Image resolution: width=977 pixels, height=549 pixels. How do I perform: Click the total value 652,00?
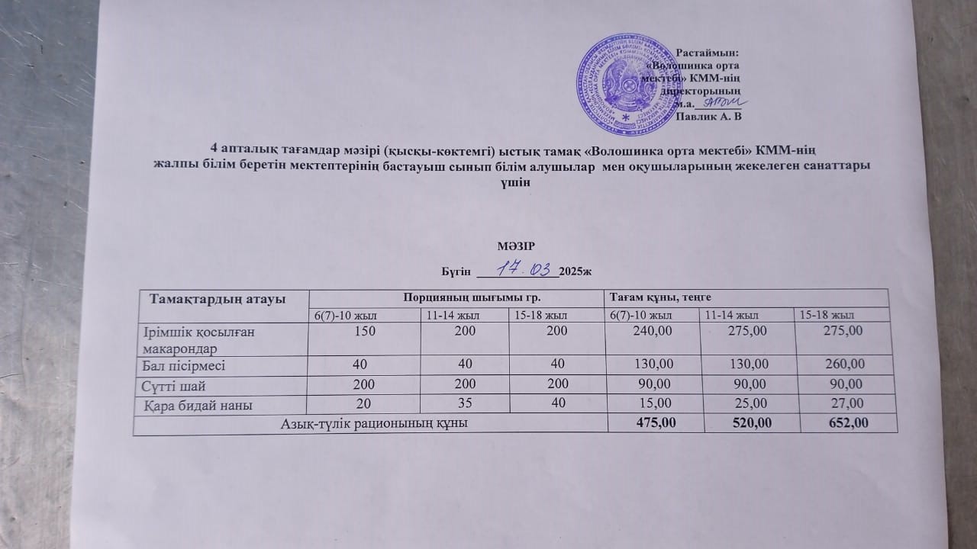(844, 424)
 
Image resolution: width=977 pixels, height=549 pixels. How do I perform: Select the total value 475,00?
(653, 423)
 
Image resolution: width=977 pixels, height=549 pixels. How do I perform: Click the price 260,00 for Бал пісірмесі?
(843, 364)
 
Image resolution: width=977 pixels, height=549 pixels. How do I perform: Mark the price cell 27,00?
(845, 403)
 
